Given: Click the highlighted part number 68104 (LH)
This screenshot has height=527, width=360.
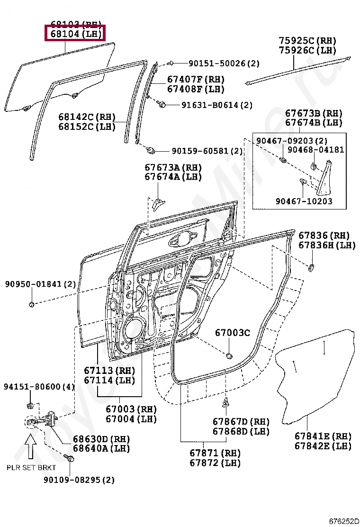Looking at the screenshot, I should click(75, 34).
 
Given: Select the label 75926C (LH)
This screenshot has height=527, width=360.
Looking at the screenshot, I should click(307, 50).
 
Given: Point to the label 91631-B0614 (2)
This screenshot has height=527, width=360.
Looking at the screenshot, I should click(216, 105).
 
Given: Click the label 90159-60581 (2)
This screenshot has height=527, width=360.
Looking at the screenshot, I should click(207, 151).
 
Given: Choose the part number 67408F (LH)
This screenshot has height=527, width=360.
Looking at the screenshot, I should click(196, 89).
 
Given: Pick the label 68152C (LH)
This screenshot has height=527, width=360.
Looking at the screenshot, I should click(87, 127).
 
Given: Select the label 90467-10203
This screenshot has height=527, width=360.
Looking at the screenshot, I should click(304, 201).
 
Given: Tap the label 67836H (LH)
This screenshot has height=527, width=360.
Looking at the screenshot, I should click(326, 245).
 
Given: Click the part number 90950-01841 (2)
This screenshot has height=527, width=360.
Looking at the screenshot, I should click(40, 284).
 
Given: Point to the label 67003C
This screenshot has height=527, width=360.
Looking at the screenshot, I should click(232, 333).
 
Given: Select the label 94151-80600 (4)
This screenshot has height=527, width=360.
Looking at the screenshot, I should click(39, 387).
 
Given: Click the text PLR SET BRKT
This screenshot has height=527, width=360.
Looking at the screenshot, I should click(31, 467).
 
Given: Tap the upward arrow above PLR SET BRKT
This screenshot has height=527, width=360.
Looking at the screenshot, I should click(31, 447).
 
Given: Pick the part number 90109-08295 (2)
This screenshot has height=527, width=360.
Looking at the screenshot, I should click(79, 480).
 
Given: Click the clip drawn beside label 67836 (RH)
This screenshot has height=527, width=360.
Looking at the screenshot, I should click(312, 269).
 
